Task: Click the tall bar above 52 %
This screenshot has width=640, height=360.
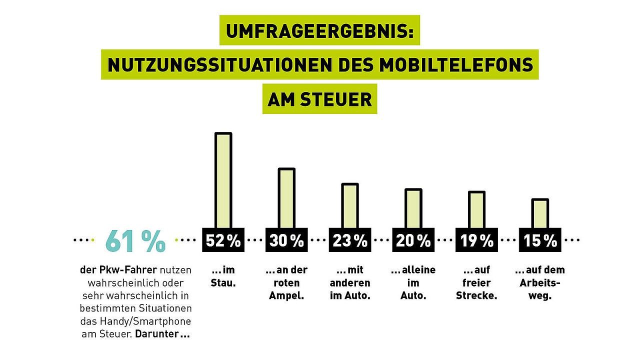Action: (x=223, y=180)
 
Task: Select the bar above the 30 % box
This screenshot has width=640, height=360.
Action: (x=286, y=198)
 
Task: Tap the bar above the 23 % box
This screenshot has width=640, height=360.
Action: (x=350, y=206)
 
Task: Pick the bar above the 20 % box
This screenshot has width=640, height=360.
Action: (x=413, y=208)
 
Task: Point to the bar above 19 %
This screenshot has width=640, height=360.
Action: (x=476, y=210)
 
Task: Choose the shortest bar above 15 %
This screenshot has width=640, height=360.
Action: (x=540, y=213)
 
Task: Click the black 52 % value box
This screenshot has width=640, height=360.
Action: (x=223, y=240)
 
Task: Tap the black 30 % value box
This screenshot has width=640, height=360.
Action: (x=286, y=240)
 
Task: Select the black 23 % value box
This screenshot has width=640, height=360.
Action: (x=350, y=240)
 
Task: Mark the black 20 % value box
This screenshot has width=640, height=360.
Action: (x=413, y=240)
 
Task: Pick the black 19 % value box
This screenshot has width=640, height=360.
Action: (x=476, y=240)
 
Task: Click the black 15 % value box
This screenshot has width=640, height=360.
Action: (x=540, y=240)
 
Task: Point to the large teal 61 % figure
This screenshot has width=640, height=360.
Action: (x=135, y=240)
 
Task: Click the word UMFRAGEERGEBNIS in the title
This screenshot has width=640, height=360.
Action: (x=319, y=31)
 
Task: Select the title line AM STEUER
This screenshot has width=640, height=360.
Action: (x=319, y=98)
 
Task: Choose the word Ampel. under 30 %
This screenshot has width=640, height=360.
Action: (x=286, y=295)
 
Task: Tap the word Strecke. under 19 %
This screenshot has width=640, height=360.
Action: (x=476, y=295)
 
